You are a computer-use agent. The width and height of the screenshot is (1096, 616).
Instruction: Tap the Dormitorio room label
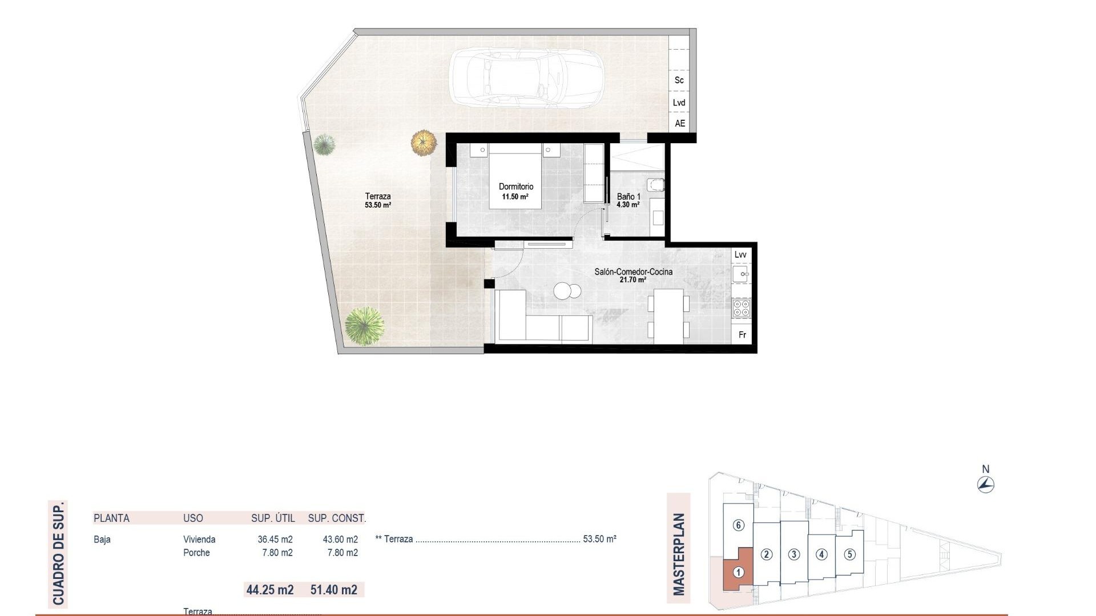[x=515, y=187]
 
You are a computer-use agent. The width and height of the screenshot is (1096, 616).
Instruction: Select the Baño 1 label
[x=628, y=197]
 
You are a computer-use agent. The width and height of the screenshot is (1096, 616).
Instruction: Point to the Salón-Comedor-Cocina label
[x=633, y=272]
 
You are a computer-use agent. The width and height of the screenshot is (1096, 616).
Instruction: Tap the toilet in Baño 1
[x=656, y=185]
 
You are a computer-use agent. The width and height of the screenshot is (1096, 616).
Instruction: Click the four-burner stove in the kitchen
[x=742, y=309]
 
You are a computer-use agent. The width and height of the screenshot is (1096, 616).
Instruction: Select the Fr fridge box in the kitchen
[x=742, y=335]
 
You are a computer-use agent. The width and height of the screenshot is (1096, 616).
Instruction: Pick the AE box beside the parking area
[x=679, y=123]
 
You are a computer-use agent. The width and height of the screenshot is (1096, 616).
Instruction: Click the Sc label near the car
[x=679, y=80]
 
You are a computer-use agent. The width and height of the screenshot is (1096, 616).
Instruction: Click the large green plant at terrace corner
[x=364, y=326]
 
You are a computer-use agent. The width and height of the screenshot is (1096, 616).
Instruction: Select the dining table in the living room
[x=668, y=316]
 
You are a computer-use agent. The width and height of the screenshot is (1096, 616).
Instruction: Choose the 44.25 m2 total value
[x=269, y=590]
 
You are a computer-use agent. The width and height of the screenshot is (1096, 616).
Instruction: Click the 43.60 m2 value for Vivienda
[x=340, y=540]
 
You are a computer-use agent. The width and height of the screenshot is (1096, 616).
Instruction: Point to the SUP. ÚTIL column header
[x=273, y=518]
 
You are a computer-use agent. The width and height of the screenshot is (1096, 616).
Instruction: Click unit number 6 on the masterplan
[x=738, y=525]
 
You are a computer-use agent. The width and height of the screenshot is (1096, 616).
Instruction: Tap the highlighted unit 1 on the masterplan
[x=738, y=572]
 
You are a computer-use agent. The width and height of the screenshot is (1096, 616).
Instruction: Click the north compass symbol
[x=985, y=485]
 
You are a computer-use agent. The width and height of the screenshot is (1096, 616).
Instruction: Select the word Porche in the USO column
[x=196, y=553]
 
